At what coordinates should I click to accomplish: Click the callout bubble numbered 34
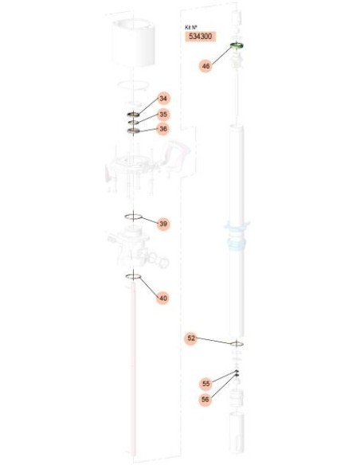click(163, 99)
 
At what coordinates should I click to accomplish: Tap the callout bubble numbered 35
click(163, 115)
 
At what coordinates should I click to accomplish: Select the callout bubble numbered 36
click(163, 129)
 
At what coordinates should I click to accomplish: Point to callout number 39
click(163, 224)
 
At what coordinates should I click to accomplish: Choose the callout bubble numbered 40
click(163, 298)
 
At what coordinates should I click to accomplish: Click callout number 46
click(205, 66)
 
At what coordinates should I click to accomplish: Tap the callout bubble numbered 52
click(191, 338)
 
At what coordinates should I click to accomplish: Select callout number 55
click(205, 384)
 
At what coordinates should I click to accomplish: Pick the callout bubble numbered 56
click(205, 400)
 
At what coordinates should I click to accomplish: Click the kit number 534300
click(201, 37)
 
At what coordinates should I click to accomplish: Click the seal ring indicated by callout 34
click(134, 114)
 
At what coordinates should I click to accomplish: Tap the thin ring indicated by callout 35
click(134, 122)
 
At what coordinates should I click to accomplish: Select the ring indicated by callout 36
click(134, 131)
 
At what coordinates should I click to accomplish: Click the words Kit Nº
click(191, 27)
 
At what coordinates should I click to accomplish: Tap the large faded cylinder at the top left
click(134, 42)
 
